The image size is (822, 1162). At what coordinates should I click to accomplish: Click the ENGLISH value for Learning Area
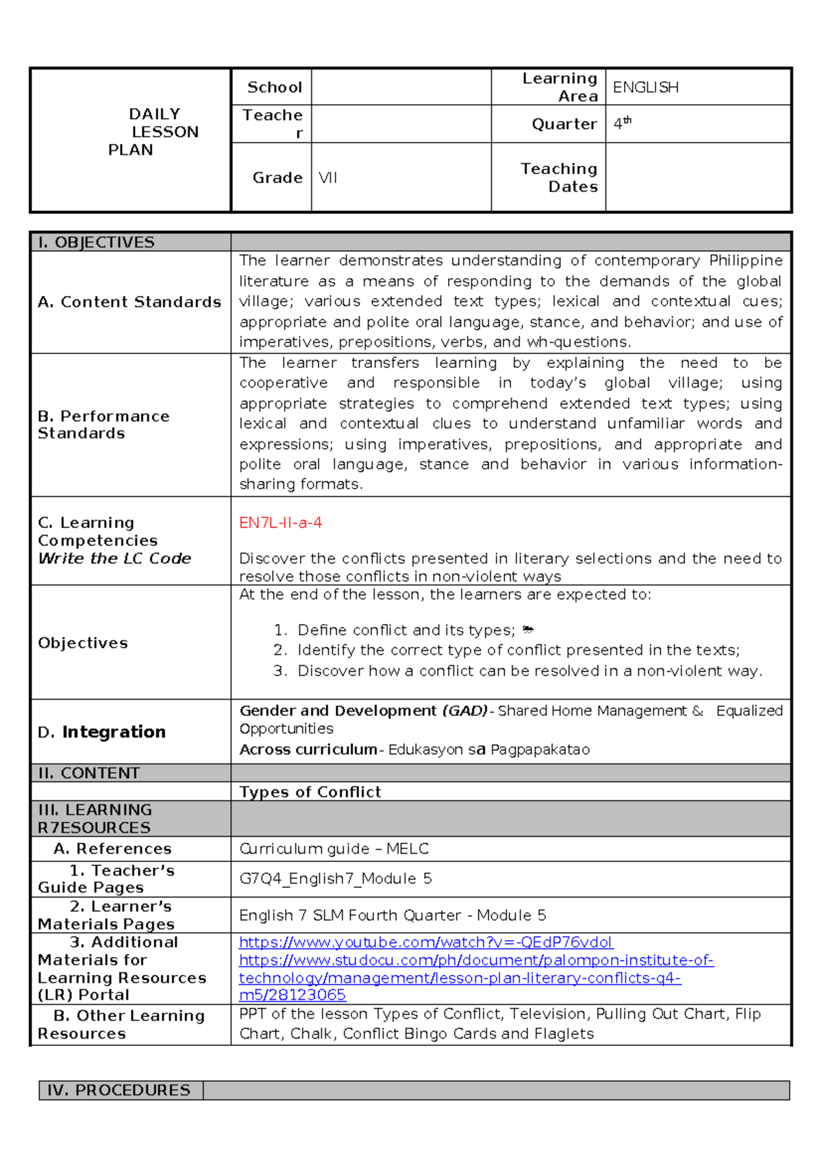[x=645, y=88]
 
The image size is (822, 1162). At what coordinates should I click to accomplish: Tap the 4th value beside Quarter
[x=622, y=123]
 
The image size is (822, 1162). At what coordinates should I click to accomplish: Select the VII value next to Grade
[x=328, y=178]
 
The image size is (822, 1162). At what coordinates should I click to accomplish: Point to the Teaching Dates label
[x=559, y=177]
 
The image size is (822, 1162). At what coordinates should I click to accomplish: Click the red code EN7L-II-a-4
[x=280, y=523]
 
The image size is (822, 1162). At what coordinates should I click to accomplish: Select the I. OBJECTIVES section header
[x=97, y=243]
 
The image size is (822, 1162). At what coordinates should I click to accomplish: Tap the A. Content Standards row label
[x=129, y=302]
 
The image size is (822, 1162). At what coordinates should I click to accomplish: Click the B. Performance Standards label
[x=103, y=425]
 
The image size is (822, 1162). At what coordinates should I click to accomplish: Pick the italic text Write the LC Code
[x=114, y=558]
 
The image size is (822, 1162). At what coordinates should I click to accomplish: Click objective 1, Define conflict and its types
[x=406, y=630]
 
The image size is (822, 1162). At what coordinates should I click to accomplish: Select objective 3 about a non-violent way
[x=529, y=671]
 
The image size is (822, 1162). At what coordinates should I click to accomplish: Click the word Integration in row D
[x=114, y=732]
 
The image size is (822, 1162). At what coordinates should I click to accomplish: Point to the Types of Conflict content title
[x=310, y=792]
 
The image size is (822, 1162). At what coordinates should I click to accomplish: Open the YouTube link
[x=425, y=943]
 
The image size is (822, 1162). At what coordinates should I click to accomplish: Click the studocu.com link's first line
[x=476, y=961]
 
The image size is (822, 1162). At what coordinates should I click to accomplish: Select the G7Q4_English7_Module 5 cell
[x=335, y=879]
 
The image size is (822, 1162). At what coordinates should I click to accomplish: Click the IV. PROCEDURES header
[x=119, y=1090]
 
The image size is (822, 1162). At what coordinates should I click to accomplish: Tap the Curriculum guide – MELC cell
[x=334, y=849]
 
